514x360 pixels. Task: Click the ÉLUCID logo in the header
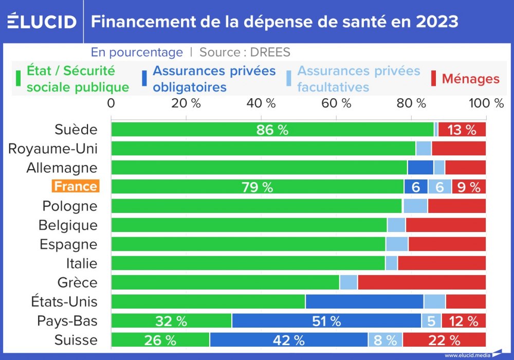point(42,21)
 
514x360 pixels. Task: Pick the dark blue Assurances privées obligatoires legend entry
point(214,79)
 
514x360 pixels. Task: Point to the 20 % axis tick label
point(186,103)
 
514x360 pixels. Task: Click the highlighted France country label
point(75,186)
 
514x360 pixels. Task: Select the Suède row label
point(76,129)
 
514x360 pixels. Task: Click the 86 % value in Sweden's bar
point(272,130)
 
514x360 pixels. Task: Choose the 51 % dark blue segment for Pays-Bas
point(327,321)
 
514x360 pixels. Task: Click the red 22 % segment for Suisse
point(444,340)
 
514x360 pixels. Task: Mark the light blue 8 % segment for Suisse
point(385,340)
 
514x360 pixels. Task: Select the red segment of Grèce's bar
point(421,282)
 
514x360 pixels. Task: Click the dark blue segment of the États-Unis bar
point(364,301)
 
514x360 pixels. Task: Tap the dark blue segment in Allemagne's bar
point(420,168)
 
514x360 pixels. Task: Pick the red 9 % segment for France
point(469,187)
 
